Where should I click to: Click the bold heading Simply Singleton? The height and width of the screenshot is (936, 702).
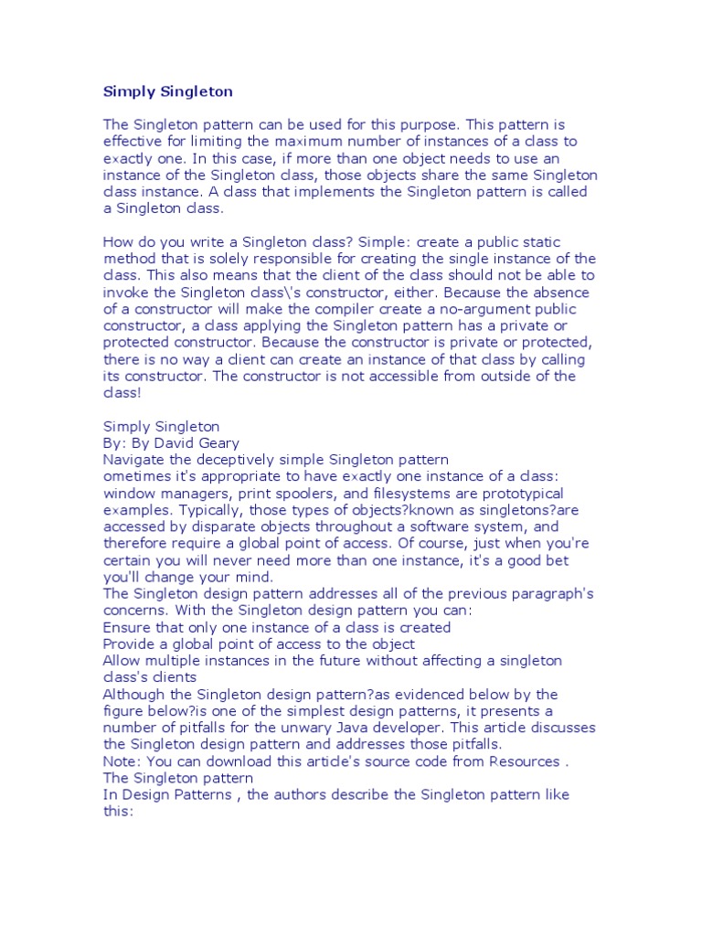click(x=167, y=91)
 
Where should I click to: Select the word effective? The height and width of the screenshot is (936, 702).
click(x=133, y=141)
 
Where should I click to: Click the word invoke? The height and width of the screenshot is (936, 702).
click(x=124, y=292)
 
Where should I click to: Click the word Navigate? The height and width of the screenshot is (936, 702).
click(x=137, y=460)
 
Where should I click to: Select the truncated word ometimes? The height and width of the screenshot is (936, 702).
click(x=138, y=477)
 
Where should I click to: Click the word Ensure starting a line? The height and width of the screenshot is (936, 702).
click(x=126, y=628)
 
